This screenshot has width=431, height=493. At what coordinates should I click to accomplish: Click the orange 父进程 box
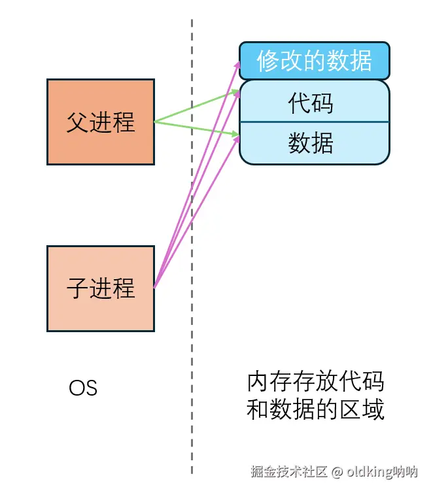tap(101, 122)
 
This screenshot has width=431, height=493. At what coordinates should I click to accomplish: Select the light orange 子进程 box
tap(101, 288)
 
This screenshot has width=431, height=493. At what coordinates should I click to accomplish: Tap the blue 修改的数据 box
tap(314, 61)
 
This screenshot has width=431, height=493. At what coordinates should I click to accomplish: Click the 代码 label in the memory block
tap(311, 103)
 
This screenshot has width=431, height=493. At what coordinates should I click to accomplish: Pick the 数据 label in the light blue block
tap(311, 143)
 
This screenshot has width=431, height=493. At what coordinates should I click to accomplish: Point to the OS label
tap(83, 388)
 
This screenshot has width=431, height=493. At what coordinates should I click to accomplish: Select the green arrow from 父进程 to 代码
tap(196, 108)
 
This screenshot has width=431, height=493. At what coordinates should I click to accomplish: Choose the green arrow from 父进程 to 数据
tap(196, 128)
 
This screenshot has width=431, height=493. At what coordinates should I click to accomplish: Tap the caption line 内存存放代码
tap(315, 382)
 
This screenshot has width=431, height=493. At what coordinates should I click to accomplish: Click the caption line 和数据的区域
tap(315, 411)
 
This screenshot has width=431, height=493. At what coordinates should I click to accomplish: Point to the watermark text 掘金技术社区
tap(289, 471)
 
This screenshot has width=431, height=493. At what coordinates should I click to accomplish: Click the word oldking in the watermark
tap(369, 471)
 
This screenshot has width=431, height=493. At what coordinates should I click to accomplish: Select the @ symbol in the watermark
tap(337, 471)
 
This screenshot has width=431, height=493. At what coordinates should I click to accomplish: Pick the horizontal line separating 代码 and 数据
tap(314, 122)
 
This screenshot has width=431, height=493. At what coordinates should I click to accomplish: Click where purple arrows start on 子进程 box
tap(154, 287)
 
